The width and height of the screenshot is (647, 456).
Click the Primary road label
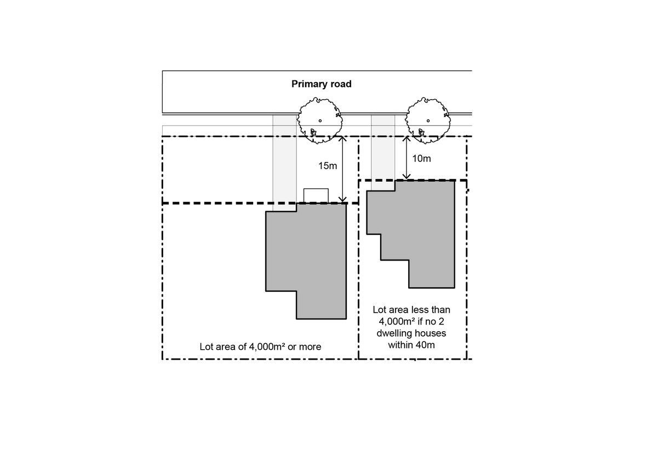(321, 84)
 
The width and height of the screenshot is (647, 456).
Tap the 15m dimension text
(328, 165)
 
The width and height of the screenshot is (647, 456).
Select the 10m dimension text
(421, 159)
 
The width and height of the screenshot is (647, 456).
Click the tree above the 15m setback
(320, 120)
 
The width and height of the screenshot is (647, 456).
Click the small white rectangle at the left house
(316, 195)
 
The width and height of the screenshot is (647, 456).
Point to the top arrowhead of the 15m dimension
(342, 138)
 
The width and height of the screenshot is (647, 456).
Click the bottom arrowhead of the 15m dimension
(342, 200)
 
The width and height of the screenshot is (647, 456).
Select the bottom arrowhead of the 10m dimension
(406, 177)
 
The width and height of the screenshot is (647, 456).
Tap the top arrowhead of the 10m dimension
(406, 138)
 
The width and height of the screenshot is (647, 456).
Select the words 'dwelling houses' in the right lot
(411, 333)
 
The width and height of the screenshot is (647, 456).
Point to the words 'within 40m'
(411, 345)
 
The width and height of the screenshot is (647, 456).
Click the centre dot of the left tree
(320, 120)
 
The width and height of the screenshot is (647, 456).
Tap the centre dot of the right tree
(428, 120)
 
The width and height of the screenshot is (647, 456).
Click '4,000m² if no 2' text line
(411, 321)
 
